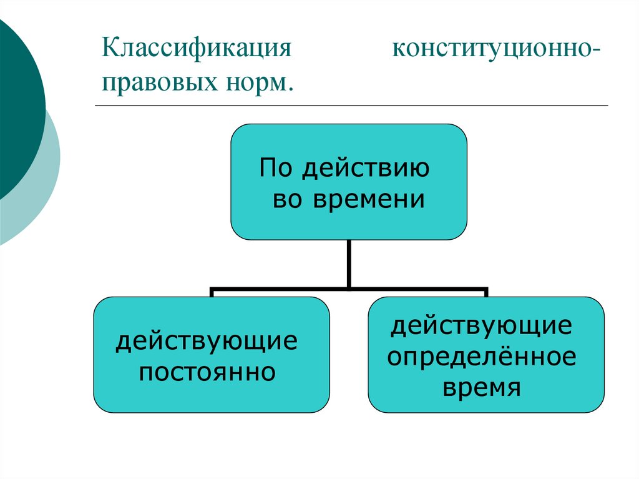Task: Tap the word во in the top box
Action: point(290,200)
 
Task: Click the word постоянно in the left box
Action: point(207,373)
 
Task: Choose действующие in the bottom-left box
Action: point(207,342)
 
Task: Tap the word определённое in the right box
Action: point(482,357)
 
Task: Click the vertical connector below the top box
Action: point(349,264)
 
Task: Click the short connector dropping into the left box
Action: point(212,294)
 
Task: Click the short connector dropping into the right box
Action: point(486,294)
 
